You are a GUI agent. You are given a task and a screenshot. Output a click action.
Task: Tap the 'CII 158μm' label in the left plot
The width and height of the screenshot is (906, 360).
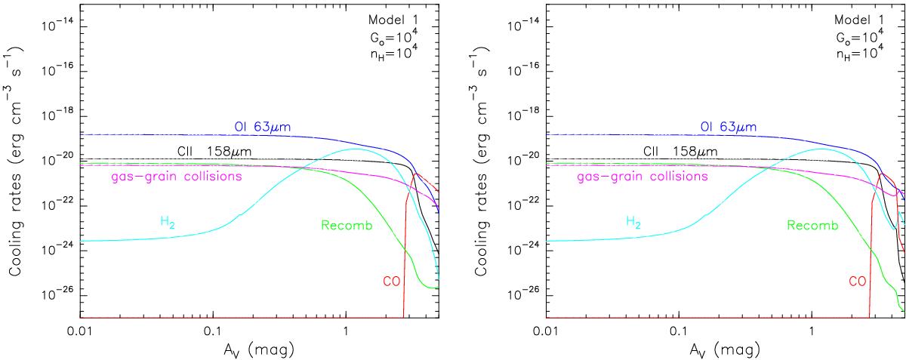click(x=214, y=152)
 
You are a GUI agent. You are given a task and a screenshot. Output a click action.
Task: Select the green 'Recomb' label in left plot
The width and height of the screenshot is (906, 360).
click(x=344, y=225)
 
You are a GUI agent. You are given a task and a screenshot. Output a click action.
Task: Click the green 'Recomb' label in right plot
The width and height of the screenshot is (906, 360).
click(x=809, y=225)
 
